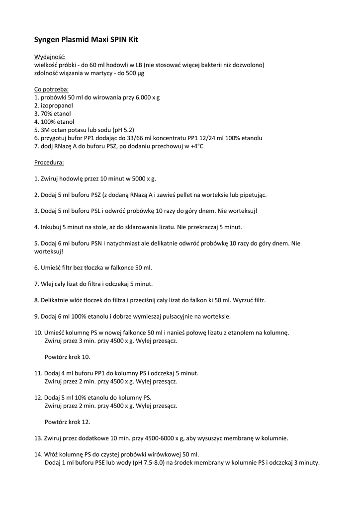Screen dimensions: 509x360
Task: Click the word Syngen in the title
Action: [48, 38]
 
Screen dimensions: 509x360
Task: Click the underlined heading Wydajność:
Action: [50, 57]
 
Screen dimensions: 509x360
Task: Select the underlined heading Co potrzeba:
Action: [52, 89]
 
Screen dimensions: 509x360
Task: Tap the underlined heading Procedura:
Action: [49, 162]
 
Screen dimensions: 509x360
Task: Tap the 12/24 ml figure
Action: [200, 138]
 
